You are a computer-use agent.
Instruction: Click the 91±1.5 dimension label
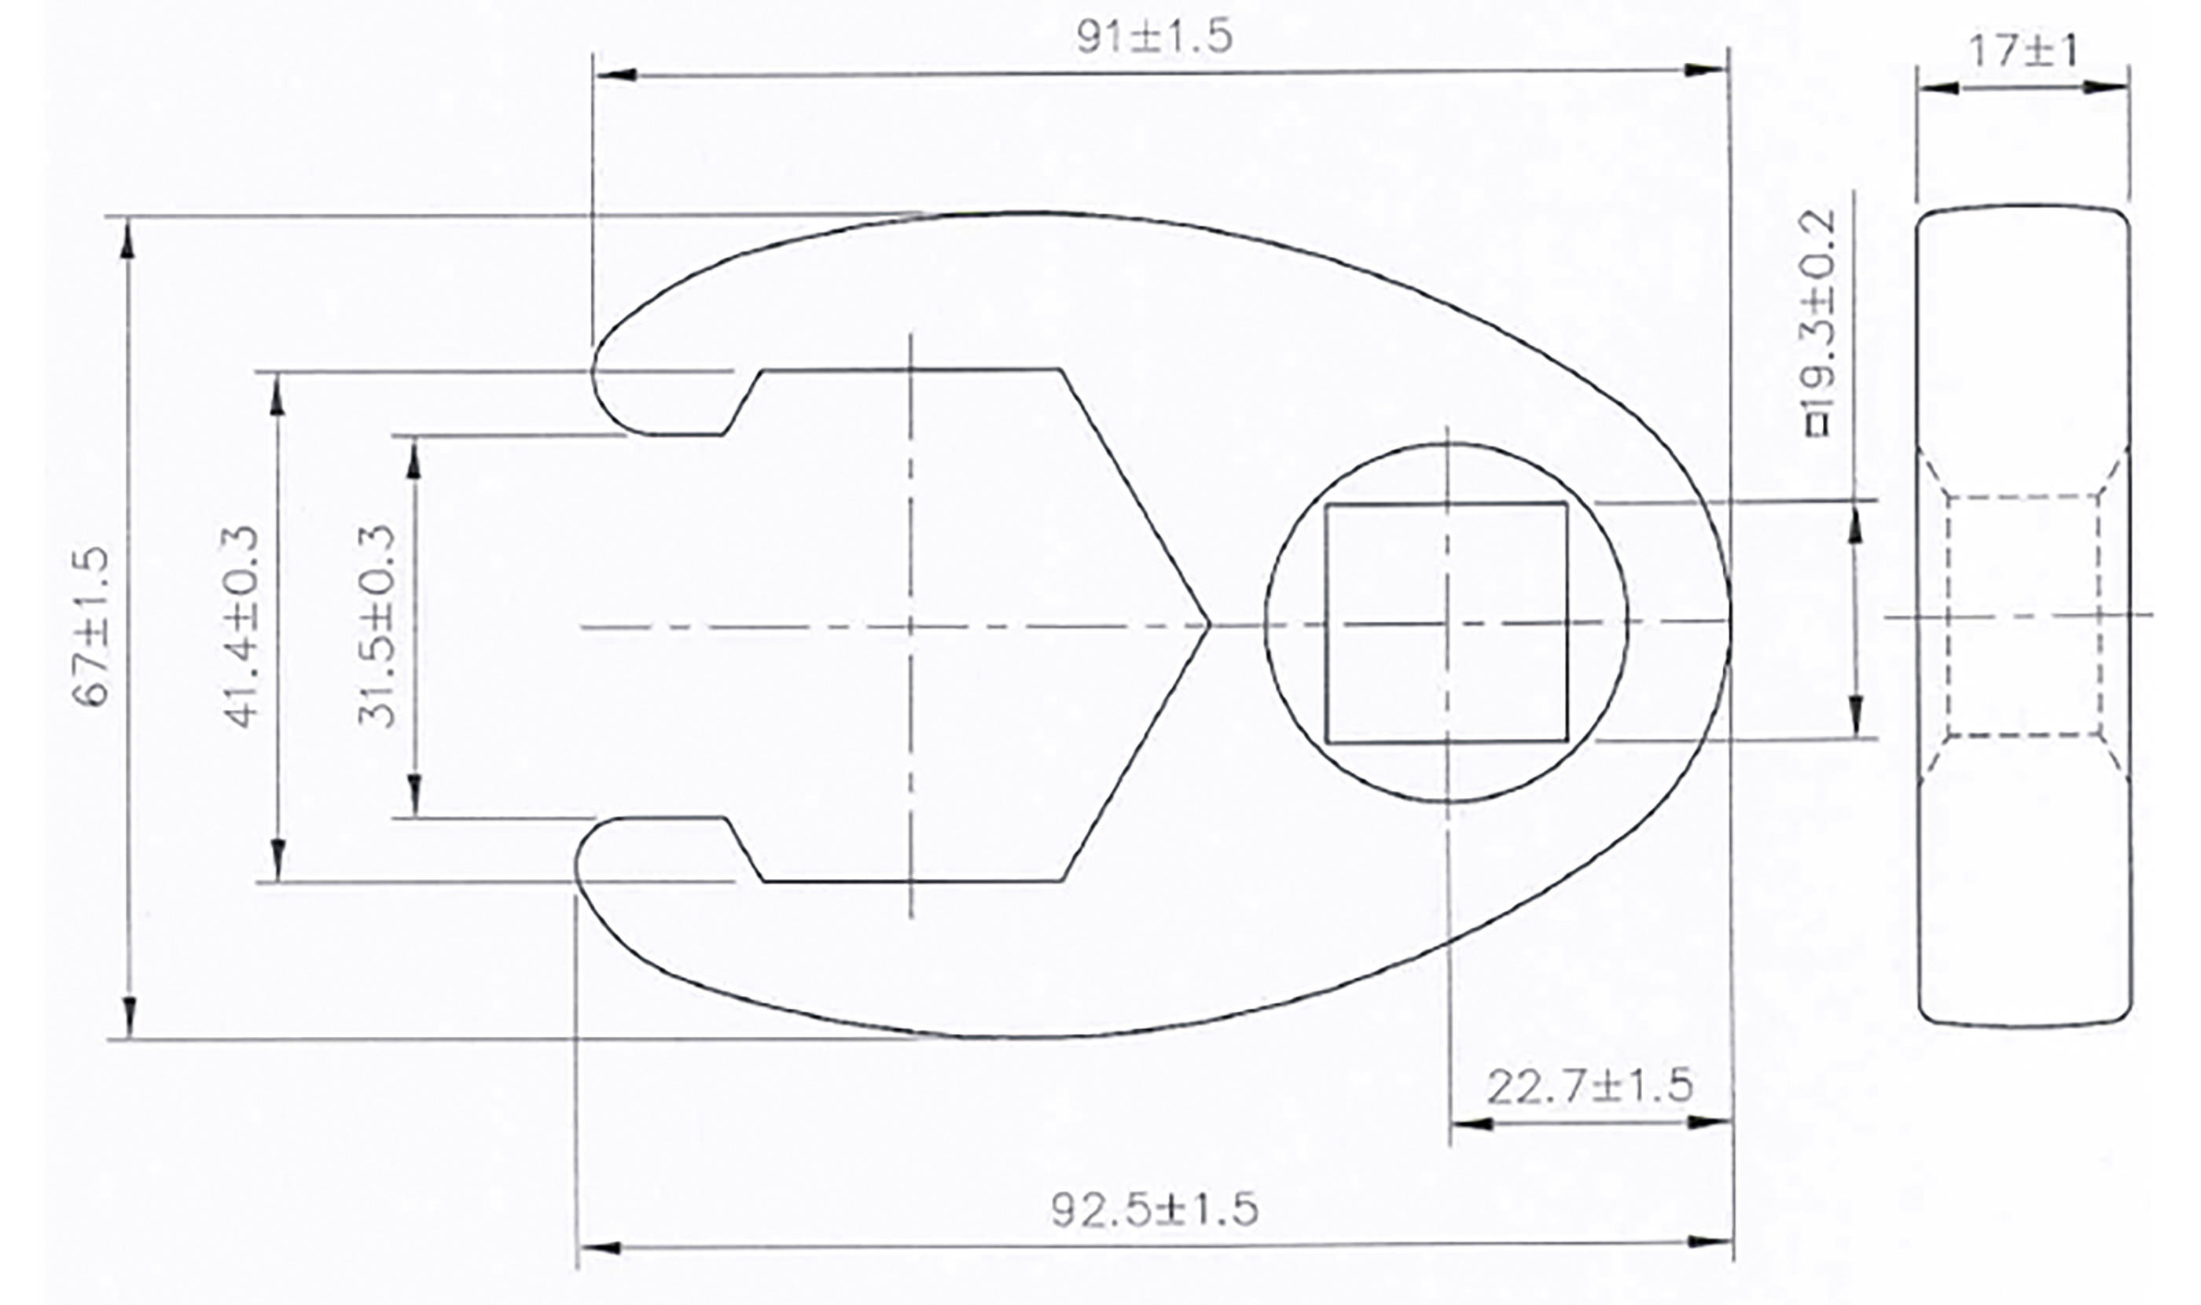1154,37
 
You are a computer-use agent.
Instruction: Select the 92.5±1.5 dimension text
1154,1208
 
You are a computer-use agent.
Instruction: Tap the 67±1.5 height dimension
91,626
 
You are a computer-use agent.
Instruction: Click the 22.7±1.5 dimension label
1589,1086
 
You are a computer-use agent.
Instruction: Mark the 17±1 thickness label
2023,51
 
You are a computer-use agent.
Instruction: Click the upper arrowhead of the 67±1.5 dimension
128,237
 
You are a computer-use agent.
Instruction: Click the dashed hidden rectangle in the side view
2023,616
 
